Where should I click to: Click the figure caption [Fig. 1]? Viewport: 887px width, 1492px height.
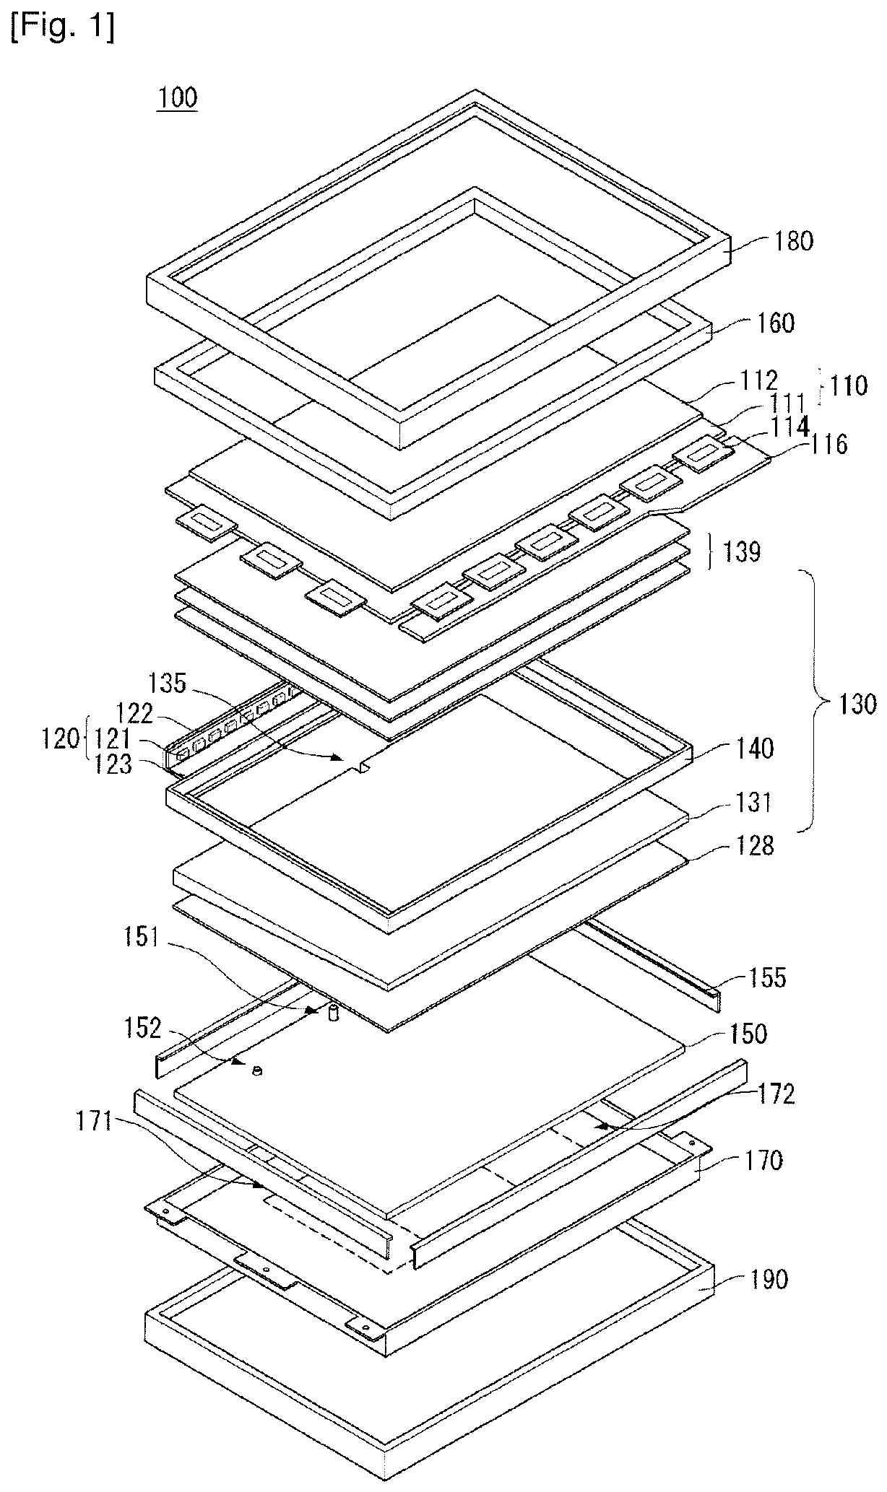tap(62, 29)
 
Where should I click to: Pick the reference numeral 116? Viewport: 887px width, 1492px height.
tap(828, 444)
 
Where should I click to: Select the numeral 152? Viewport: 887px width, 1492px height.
tap(143, 1028)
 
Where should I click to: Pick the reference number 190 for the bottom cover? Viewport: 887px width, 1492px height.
tap(766, 1280)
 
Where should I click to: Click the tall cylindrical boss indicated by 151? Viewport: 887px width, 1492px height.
tap(334, 1013)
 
